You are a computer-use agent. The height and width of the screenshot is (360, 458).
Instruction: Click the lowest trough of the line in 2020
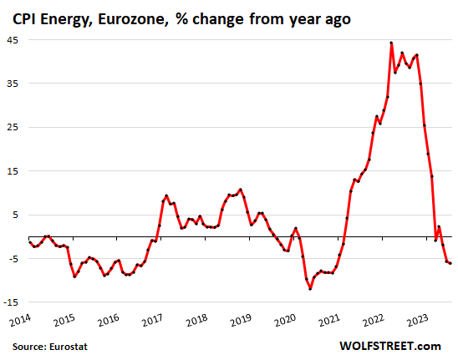(x=310, y=288)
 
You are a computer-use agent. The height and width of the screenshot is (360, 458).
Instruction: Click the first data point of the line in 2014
(x=28, y=242)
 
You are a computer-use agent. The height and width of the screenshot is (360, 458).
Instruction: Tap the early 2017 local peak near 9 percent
(x=166, y=195)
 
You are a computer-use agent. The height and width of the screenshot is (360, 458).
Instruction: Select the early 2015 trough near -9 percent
(x=74, y=276)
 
